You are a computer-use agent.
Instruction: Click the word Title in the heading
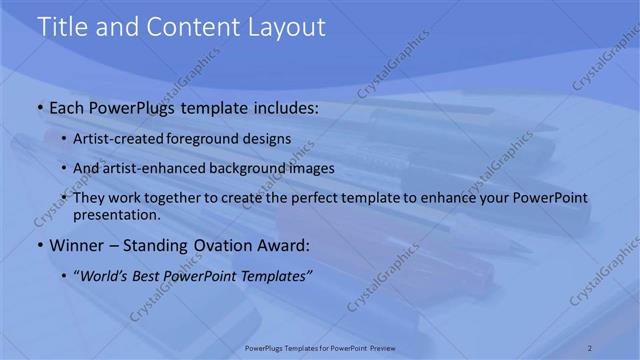(x=62, y=27)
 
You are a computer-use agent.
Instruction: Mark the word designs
(x=270, y=139)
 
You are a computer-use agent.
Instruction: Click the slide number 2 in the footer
(x=590, y=347)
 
